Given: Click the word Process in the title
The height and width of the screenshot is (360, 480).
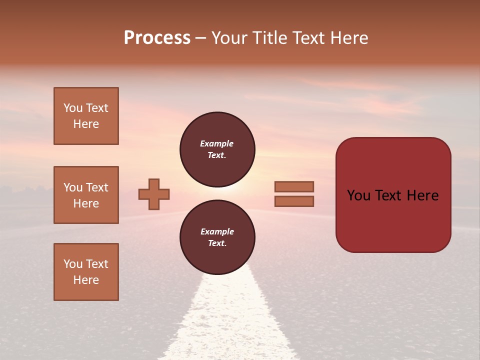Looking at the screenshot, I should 157,38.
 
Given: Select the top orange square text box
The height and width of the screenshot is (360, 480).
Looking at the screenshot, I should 86,116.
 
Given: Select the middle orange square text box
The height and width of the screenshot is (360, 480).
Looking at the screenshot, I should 86,195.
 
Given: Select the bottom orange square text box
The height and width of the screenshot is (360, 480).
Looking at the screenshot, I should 86,272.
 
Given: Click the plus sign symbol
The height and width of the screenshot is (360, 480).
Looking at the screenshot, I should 154,194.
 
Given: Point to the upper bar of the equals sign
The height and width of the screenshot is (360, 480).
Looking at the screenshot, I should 294,186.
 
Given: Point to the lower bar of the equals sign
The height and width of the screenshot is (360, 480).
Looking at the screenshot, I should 294,201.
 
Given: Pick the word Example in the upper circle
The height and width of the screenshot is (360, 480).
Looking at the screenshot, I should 217,143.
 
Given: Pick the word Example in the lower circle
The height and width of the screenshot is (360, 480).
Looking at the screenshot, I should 217,231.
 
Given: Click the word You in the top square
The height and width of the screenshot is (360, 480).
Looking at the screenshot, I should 73,108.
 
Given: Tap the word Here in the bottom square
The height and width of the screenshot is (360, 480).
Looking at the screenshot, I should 86,280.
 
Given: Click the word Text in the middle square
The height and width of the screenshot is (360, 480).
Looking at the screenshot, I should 97,187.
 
